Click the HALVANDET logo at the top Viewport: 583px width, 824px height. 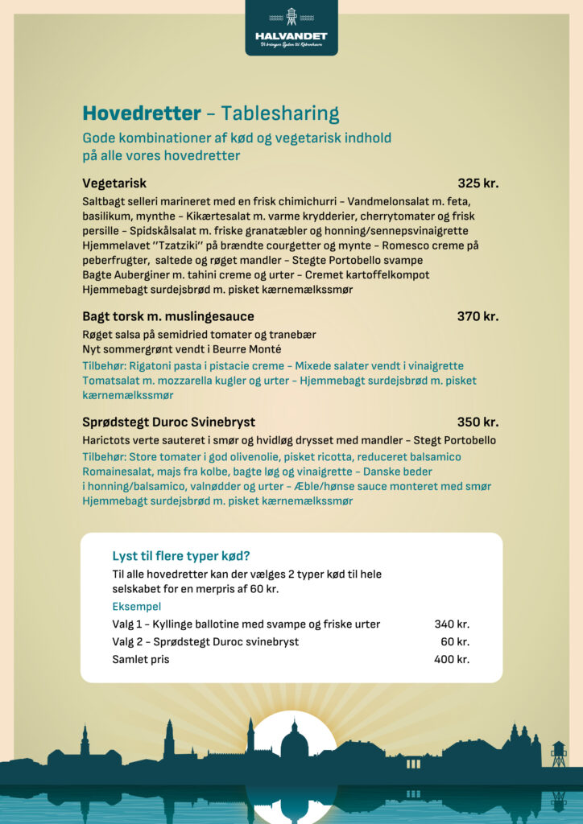click(x=291, y=29)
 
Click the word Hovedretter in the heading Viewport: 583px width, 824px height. click(x=141, y=113)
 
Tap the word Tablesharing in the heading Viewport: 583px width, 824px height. click(x=280, y=113)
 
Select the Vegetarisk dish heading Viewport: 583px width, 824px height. click(x=114, y=183)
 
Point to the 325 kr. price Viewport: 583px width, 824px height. click(x=478, y=183)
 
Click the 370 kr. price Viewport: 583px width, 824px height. click(x=478, y=316)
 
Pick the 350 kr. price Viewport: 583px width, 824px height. click(x=478, y=422)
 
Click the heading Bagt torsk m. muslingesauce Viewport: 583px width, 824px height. click(x=167, y=316)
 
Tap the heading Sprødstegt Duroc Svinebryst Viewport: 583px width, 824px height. click(x=168, y=422)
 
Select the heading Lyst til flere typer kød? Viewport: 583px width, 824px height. click(x=181, y=555)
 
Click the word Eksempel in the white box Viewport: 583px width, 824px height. click(x=136, y=607)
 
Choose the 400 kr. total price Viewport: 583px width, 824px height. click(x=451, y=659)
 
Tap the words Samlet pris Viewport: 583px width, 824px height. click(x=141, y=659)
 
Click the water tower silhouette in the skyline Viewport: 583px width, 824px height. click(x=558, y=753)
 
